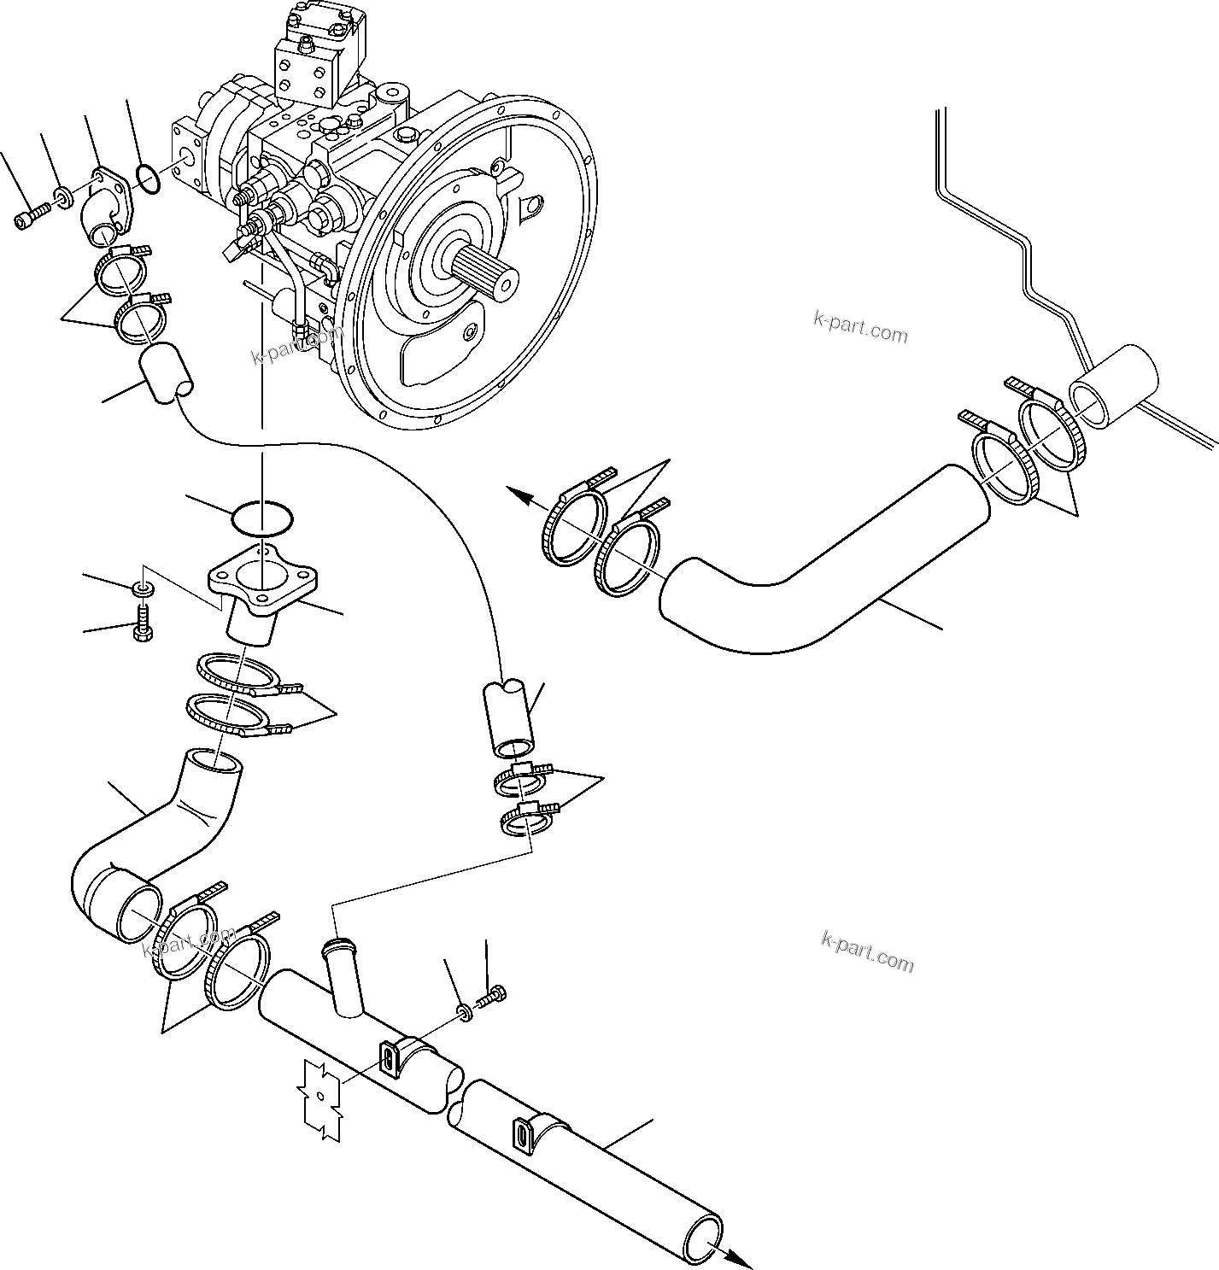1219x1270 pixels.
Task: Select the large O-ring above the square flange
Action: pos(261,517)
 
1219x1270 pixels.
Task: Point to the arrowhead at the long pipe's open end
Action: pos(741,1255)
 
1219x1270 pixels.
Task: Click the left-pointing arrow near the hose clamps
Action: pos(518,493)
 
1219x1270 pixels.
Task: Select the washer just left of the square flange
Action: pos(141,588)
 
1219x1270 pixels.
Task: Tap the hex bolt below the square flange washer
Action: pos(141,623)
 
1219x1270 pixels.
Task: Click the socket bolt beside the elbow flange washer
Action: pos(26,219)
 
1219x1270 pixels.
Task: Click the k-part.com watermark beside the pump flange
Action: pos(860,327)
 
